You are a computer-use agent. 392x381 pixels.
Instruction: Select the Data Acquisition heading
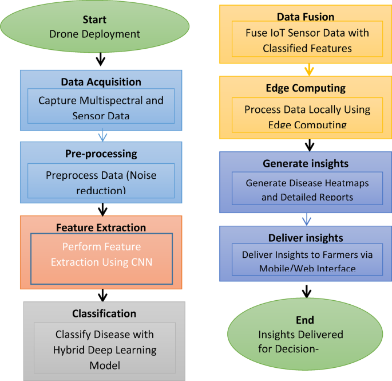click(x=101, y=82)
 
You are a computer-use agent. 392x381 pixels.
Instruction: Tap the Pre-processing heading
click(x=101, y=154)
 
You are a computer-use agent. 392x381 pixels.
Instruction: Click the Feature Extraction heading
click(x=101, y=227)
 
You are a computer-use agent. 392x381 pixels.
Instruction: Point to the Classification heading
click(x=104, y=313)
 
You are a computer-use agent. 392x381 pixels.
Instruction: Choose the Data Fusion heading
click(x=306, y=17)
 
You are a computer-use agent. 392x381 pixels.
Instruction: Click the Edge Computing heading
click(x=306, y=88)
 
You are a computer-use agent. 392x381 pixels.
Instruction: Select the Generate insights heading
click(x=306, y=163)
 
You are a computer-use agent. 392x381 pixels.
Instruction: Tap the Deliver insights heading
click(x=306, y=237)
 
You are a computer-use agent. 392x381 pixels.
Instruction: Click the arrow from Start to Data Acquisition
click(x=101, y=59)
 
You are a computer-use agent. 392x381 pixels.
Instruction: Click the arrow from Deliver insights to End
click(x=307, y=290)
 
